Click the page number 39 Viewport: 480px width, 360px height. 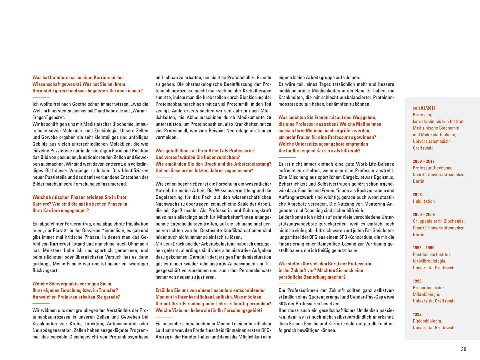point(464,349)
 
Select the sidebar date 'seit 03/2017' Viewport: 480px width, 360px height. point(424,108)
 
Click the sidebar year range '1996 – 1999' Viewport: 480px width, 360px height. point(424,248)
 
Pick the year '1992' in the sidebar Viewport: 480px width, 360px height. point(417,314)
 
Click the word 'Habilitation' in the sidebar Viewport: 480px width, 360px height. point(424,201)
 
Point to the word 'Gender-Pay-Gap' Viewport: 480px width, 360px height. point(366,297)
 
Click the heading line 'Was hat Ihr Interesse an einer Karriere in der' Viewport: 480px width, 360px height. point(78,78)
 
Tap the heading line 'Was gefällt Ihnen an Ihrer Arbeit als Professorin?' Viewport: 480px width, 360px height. point(205,151)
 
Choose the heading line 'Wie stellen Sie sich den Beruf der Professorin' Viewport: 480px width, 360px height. point(325,264)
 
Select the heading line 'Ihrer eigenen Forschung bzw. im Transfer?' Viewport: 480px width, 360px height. point(75,290)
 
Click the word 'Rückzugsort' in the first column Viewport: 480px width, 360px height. point(46,270)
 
